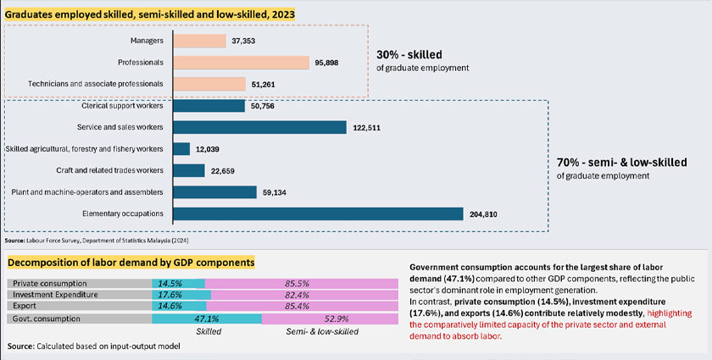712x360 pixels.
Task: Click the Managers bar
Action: (199, 41)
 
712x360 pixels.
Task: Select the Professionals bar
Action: (241, 62)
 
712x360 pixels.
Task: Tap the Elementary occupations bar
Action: (318, 213)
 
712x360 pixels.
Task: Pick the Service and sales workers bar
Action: (259, 127)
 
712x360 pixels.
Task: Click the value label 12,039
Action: (212, 149)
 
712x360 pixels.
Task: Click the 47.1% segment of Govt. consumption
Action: (207, 319)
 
